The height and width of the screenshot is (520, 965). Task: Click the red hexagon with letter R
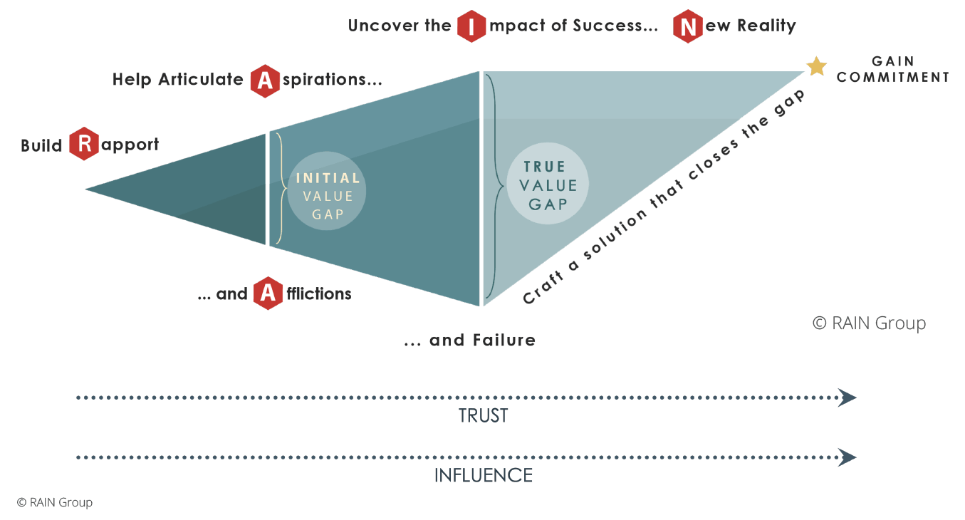[84, 144]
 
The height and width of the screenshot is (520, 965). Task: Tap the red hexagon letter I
[471, 26]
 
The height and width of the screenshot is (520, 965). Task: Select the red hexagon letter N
[688, 26]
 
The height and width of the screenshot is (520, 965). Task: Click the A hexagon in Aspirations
[265, 81]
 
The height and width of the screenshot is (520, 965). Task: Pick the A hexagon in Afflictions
[268, 293]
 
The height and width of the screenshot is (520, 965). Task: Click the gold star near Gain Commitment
[816, 66]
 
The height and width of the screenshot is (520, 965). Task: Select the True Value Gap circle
[548, 185]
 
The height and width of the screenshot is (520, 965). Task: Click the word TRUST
[484, 416]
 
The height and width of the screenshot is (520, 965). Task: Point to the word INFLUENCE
[484, 475]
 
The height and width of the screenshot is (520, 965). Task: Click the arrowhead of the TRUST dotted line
[847, 397]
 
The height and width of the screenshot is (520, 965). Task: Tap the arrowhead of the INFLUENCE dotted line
[847, 457]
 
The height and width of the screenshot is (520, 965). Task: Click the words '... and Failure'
[470, 340]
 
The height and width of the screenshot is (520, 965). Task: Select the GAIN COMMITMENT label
[893, 70]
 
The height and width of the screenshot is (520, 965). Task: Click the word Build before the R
[42, 145]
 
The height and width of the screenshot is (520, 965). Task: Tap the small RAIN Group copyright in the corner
[55, 502]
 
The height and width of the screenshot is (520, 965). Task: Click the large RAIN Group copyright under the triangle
[869, 323]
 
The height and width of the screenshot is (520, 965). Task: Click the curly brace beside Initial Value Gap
[280, 189]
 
